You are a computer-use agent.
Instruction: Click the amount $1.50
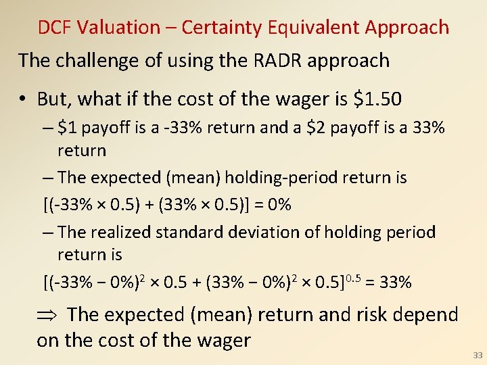[378, 99]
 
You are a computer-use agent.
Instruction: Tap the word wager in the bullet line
[294, 99]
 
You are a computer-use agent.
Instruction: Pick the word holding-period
[283, 178]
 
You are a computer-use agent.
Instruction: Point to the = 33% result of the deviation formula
[386, 282]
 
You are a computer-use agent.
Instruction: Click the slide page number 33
[478, 356]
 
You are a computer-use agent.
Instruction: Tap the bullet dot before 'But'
[22, 100]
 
